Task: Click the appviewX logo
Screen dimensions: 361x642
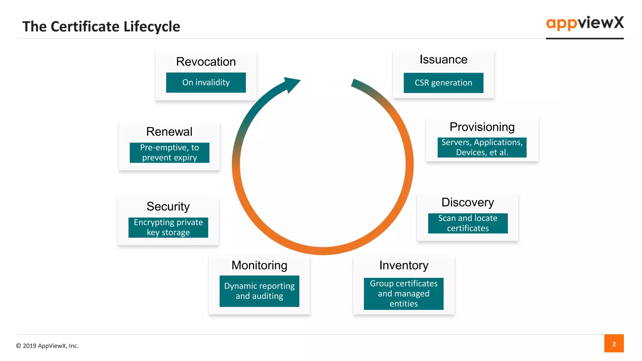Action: (585, 23)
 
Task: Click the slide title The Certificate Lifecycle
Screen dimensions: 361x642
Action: (101, 27)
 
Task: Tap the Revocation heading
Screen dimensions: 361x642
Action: (206, 62)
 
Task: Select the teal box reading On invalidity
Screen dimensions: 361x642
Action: (206, 82)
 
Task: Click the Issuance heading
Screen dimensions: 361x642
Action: (443, 60)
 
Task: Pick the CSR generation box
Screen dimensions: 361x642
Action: (443, 83)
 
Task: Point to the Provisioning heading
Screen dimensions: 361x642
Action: (482, 127)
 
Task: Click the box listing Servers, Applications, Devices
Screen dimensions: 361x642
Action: (482, 147)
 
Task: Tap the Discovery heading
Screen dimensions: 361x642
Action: (467, 202)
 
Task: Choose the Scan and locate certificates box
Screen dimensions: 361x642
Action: (468, 223)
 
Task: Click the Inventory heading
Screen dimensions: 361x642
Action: (403, 265)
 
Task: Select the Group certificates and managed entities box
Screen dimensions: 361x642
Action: (403, 294)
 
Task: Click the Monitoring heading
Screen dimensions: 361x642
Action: (259, 265)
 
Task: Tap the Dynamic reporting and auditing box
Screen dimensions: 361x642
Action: (259, 291)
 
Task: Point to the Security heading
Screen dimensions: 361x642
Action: (168, 207)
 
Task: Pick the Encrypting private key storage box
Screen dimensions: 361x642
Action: (168, 228)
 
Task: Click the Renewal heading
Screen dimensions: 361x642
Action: (169, 132)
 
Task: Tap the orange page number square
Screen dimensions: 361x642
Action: (614, 343)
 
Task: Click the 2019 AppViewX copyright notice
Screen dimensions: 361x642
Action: (47, 346)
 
